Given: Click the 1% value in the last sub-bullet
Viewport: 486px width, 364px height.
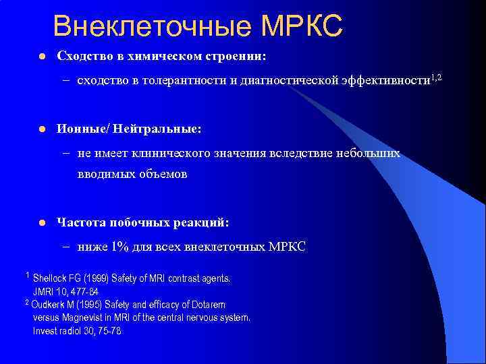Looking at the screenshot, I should point(122,247).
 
